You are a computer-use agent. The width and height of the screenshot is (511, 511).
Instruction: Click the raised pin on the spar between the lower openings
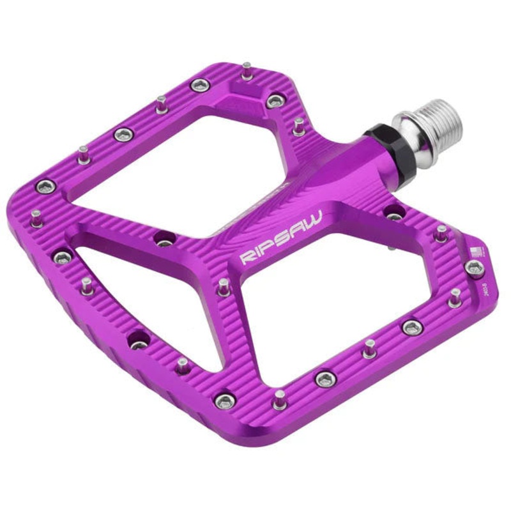[224, 286]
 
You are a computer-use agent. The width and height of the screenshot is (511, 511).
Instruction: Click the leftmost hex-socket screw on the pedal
[45, 187]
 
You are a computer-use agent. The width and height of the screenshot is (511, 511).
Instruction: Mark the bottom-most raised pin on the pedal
[279, 399]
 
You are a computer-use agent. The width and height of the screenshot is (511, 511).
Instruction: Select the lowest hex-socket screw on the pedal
[224, 400]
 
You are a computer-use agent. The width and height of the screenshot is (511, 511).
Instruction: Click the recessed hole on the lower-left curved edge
[138, 341]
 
